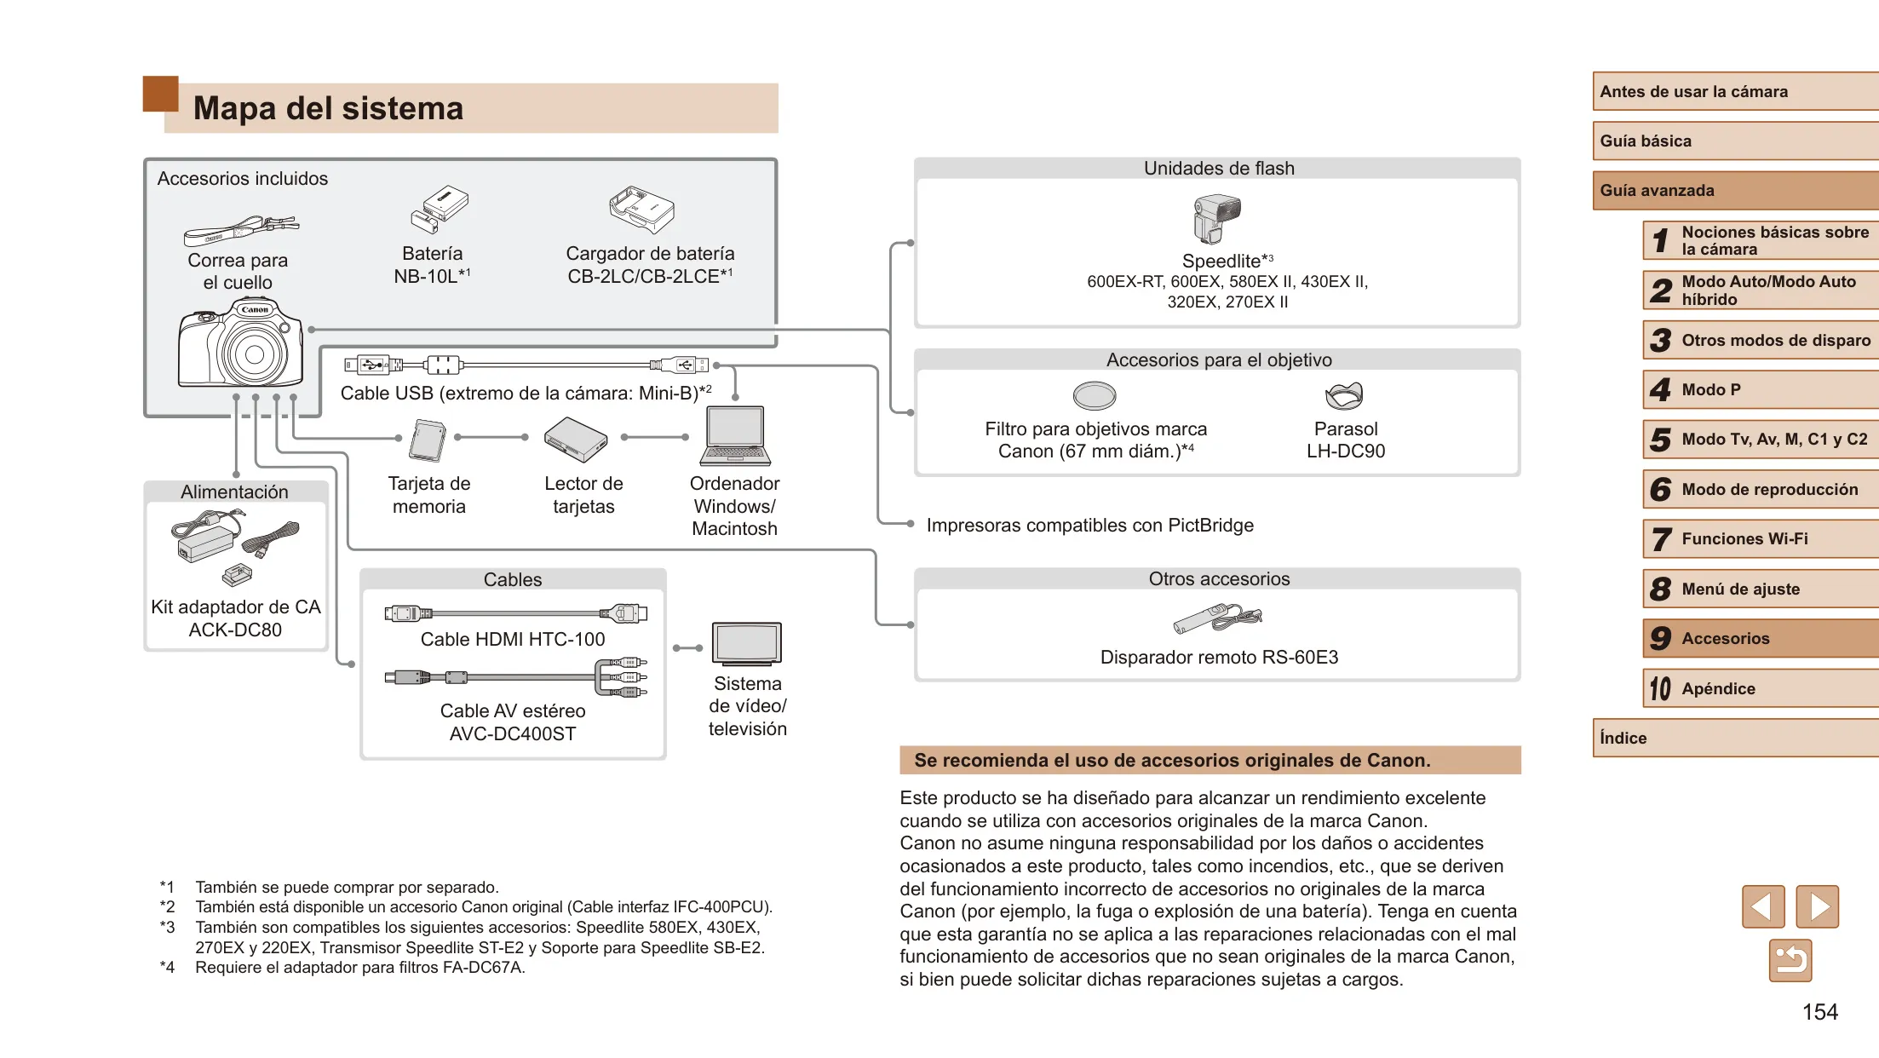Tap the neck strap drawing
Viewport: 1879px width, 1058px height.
pos(241,229)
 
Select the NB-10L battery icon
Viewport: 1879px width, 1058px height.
pos(440,210)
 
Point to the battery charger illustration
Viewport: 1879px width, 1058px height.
pos(641,210)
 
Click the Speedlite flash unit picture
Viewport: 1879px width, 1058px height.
pos(1217,219)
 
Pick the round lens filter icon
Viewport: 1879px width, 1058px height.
pos(1095,395)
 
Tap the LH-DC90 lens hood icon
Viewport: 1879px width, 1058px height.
pos(1344,395)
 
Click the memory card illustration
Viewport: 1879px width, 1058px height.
pos(428,440)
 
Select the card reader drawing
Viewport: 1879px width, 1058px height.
pos(576,440)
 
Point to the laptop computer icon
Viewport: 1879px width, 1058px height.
pos(735,436)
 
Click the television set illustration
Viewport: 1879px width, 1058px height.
pos(747,644)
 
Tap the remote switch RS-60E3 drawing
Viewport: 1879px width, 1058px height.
pos(1217,618)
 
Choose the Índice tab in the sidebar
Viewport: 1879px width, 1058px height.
pos(1736,738)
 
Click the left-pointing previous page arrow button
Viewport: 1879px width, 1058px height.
pos(1763,906)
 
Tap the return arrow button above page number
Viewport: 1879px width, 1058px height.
pos(1790,961)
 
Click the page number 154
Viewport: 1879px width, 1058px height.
pos(1820,1012)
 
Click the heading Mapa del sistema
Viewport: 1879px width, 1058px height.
pos(328,108)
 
